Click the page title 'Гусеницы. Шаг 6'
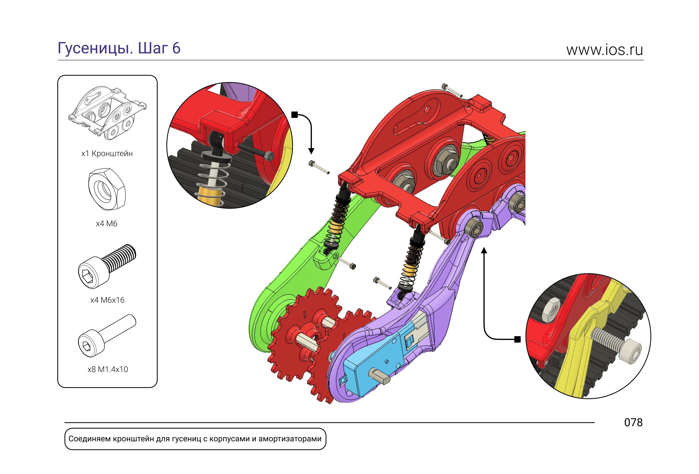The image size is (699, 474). [x=119, y=48]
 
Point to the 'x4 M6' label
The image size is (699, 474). [x=106, y=224]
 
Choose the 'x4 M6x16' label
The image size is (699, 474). [x=107, y=300]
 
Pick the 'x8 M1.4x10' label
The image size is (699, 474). [x=108, y=369]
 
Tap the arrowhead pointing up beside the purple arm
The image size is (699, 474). [x=484, y=250]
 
